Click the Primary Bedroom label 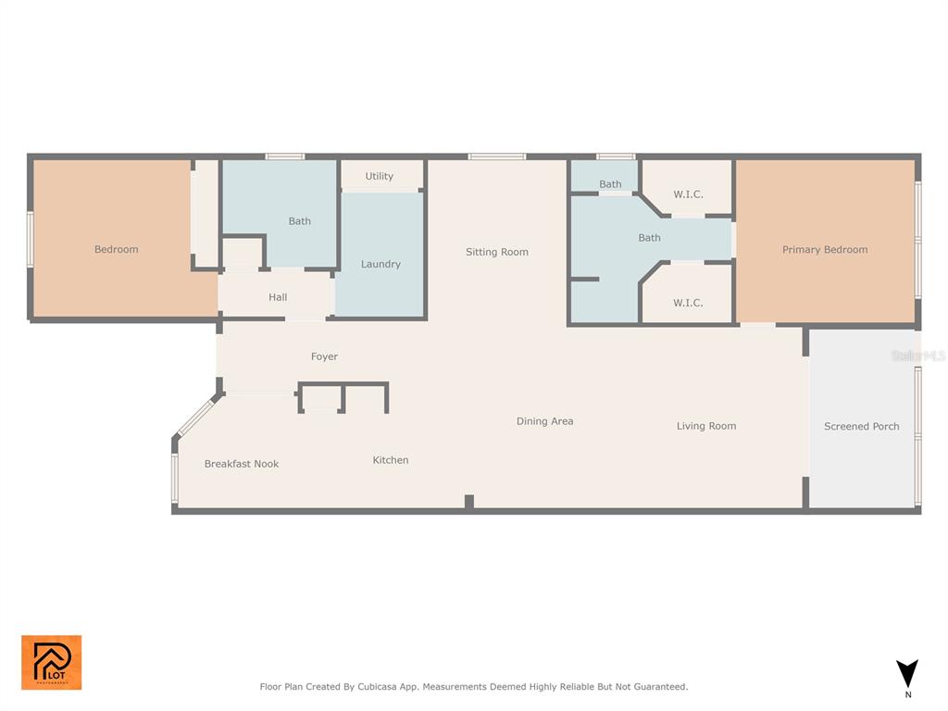click(824, 250)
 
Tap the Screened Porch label click(861, 427)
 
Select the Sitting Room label click(496, 252)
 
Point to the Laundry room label click(380, 265)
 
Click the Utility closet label click(379, 176)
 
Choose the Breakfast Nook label click(241, 464)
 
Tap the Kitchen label click(390, 460)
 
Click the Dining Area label click(544, 421)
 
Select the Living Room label click(705, 426)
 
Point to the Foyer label click(324, 356)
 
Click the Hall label click(278, 297)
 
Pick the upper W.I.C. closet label click(688, 194)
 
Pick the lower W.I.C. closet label click(688, 303)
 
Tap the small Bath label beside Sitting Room click(610, 184)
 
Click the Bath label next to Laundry click(299, 221)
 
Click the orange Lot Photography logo click(52, 662)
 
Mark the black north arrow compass click(907, 673)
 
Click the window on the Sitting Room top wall click(496, 156)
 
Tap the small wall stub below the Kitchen click(469, 502)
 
